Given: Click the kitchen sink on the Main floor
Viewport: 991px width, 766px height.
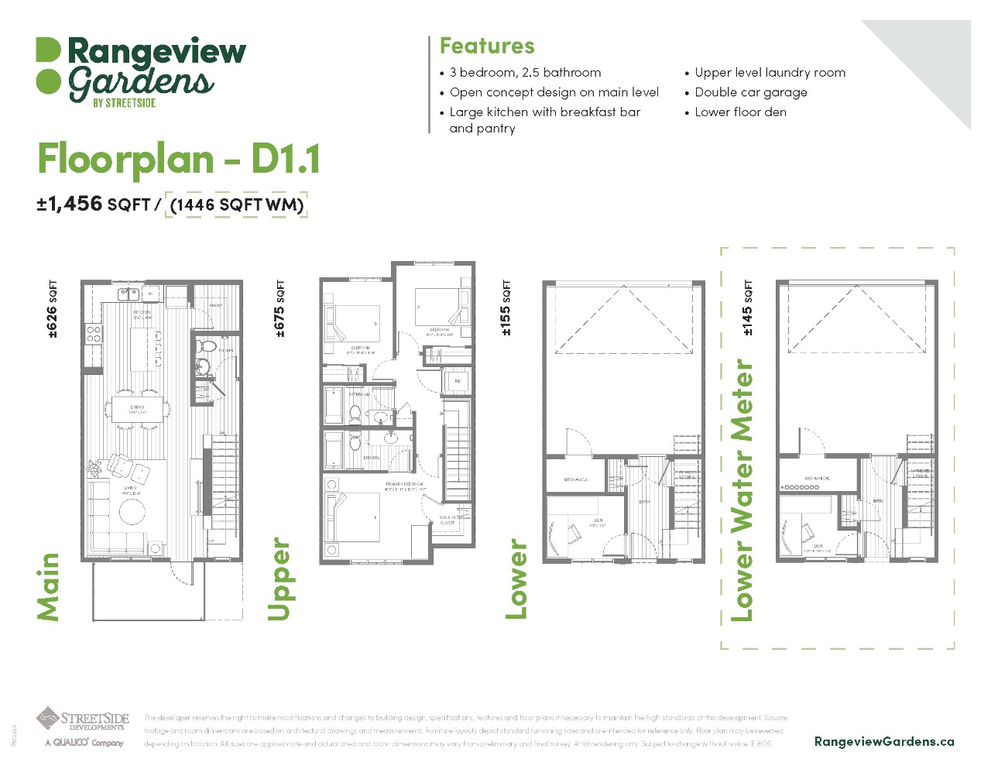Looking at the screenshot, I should tap(128, 294).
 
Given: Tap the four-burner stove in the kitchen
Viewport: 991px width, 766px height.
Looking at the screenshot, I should tap(94, 335).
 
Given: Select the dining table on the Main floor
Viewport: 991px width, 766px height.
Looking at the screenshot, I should tap(137, 409).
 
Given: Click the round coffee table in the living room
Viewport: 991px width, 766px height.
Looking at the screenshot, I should tap(132, 512).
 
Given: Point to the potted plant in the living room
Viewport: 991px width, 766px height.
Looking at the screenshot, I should tap(94, 468).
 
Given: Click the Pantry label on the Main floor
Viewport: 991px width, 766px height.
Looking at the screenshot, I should tap(215, 306).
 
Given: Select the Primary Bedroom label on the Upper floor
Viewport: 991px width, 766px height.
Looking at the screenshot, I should tap(404, 486).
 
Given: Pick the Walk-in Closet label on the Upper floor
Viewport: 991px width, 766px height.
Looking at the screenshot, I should tap(447, 520).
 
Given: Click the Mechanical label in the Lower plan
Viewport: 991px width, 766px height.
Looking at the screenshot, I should tap(576, 479).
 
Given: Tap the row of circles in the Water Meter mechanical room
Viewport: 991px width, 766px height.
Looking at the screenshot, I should tap(801, 487).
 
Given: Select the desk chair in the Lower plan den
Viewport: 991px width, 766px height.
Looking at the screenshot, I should tap(574, 532).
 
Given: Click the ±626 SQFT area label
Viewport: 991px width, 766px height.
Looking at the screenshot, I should tap(52, 310).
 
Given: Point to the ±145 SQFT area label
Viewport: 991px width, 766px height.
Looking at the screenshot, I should tap(747, 308).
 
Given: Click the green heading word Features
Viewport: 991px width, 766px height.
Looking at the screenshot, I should tap(487, 46).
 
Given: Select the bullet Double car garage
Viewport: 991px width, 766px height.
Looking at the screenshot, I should tap(750, 92).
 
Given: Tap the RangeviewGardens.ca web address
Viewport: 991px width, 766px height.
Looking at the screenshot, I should tap(883, 741).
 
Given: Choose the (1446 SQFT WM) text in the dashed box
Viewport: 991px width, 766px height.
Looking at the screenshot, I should tap(237, 204).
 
